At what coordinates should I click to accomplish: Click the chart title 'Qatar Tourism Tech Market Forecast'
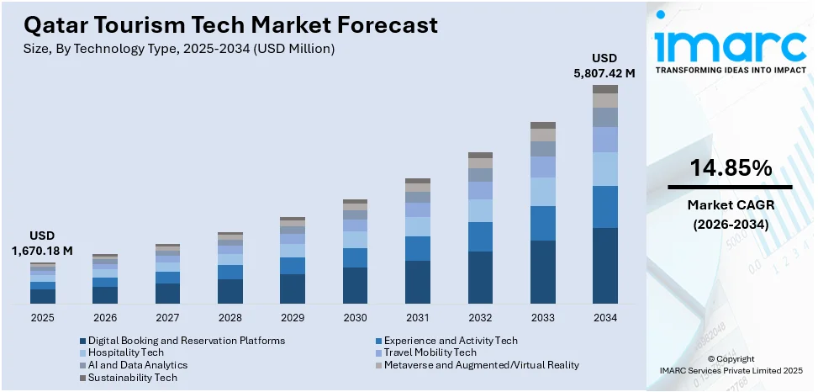tap(231, 24)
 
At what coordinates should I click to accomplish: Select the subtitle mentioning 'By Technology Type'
tap(179, 49)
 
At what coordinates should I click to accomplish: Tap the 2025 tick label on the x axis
tap(43, 318)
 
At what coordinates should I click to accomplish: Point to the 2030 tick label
tap(355, 318)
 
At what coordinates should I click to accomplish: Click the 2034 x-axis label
tap(604, 318)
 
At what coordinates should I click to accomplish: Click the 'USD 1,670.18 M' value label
tap(42, 243)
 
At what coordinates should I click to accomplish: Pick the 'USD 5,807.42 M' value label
tap(604, 66)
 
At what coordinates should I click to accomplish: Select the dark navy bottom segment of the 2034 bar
tap(604, 265)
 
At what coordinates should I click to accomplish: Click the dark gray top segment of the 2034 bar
tap(604, 88)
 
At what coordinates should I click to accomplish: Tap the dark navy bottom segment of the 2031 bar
tap(418, 282)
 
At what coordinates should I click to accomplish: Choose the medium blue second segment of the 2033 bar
tap(542, 223)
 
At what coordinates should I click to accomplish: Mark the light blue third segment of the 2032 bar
tap(480, 210)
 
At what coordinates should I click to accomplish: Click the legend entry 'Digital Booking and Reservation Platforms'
tap(186, 341)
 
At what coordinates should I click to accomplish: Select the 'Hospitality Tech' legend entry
tap(125, 352)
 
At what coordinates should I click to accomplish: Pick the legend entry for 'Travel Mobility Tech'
tap(430, 352)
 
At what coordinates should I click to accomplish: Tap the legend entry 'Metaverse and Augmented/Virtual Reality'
tap(481, 365)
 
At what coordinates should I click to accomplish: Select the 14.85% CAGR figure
tap(730, 168)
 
